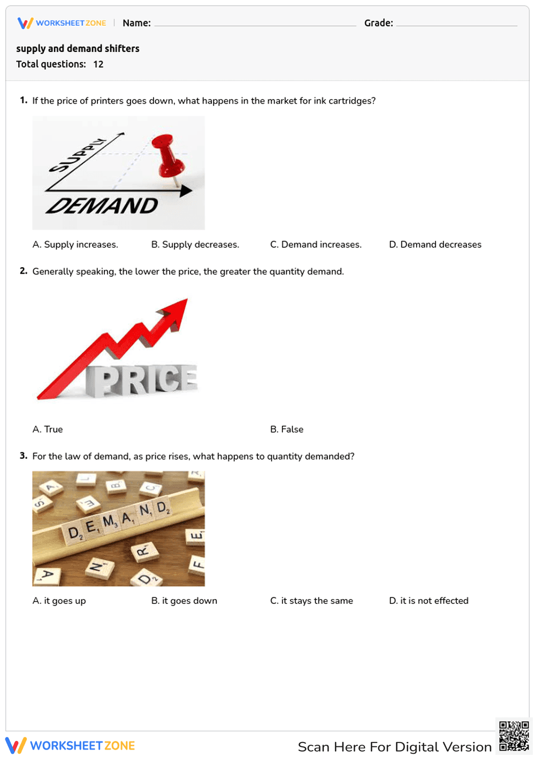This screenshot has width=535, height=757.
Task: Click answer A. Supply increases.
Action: click(x=75, y=245)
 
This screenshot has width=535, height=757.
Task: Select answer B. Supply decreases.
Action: click(x=195, y=245)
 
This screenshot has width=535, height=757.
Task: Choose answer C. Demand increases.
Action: click(x=316, y=245)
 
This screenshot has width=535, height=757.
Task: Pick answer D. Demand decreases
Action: click(x=435, y=245)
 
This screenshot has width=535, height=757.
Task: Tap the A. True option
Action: click(x=48, y=429)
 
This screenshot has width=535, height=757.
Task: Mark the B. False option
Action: click(x=287, y=429)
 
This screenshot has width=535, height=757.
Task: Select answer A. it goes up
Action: click(x=59, y=601)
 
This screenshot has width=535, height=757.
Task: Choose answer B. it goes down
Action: click(x=184, y=601)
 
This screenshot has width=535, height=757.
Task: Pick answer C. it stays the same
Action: click(x=311, y=601)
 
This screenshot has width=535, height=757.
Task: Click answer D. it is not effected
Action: click(x=429, y=601)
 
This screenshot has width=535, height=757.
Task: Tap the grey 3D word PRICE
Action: click(x=142, y=380)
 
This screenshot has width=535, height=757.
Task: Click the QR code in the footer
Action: click(x=514, y=736)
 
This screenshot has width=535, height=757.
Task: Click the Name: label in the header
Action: click(x=136, y=23)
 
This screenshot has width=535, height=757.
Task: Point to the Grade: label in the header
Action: click(x=378, y=23)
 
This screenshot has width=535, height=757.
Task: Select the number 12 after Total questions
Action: click(x=98, y=64)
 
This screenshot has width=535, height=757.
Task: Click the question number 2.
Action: click(x=23, y=271)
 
